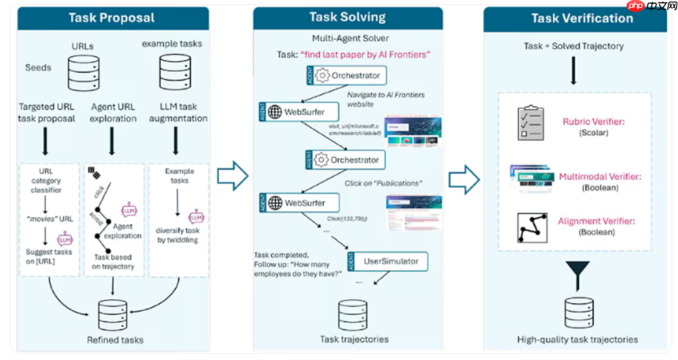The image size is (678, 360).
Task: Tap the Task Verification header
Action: click(574, 18)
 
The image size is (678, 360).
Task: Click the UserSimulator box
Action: click(388, 262)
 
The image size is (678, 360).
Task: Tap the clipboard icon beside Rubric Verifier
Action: click(531, 123)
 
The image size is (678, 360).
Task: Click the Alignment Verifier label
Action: click(596, 222)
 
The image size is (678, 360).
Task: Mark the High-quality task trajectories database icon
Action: click(578, 311)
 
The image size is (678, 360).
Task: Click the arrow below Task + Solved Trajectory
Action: click(573, 70)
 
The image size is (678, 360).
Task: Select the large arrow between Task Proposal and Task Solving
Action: click(232, 176)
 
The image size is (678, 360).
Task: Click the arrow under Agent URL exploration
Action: click(112, 141)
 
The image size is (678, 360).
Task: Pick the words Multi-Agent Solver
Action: click(350, 39)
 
